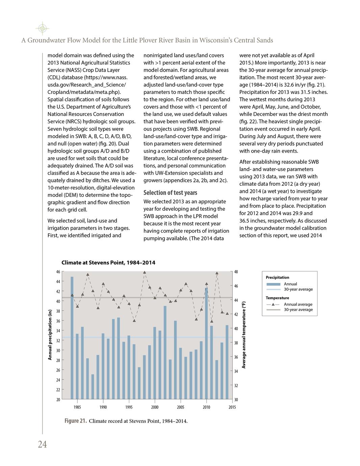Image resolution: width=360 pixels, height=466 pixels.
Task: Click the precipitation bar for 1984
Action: [x=72, y=338]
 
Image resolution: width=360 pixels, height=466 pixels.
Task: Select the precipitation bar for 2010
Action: [x=206, y=343]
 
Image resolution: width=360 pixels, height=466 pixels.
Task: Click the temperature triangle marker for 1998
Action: [x=145, y=272]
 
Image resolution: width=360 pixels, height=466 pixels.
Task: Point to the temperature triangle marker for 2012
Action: [x=217, y=273]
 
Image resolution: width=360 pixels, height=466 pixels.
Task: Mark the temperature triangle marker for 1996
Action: [x=134, y=321]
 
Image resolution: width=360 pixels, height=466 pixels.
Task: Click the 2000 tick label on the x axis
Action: [x=155, y=407]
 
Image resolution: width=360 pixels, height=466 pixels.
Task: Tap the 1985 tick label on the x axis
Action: [x=77, y=407]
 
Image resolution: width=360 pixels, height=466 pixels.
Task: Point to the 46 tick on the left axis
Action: [x=58, y=272]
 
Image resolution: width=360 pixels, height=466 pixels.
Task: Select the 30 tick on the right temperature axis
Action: [x=236, y=400]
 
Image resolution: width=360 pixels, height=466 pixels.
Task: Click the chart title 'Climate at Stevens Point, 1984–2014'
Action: [x=108, y=263]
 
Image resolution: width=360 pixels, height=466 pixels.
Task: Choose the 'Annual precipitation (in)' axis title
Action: [x=50, y=335]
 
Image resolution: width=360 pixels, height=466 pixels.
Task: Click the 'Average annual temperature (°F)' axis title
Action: [x=244, y=335]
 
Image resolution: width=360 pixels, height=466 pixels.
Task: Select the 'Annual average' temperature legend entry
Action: [x=298, y=304]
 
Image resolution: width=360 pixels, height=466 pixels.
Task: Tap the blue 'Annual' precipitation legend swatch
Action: [x=273, y=284]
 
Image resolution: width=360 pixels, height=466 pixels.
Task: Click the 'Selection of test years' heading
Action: [x=170, y=193]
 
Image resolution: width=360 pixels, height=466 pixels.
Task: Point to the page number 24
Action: [x=42, y=445]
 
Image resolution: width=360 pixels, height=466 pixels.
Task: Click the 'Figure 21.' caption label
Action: [x=76, y=421]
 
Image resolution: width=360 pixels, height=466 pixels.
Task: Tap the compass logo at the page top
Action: [x=42, y=28]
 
